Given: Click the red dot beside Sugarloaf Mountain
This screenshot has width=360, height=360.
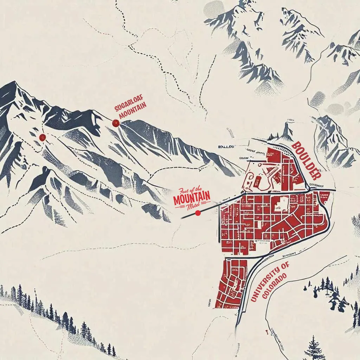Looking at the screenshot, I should pyautogui.click(x=115, y=123).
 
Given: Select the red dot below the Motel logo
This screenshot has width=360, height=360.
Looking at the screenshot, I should pyautogui.click(x=198, y=212).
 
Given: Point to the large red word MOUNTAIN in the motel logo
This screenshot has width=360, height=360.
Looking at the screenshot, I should pyautogui.click(x=192, y=198).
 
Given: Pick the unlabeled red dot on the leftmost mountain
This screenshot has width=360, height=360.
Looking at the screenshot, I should pyautogui.click(x=43, y=137).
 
